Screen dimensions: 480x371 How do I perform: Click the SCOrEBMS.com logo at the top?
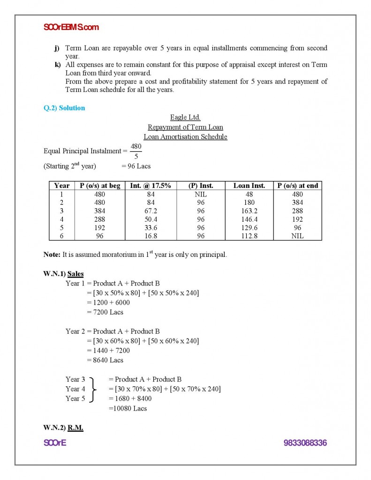click(71, 27)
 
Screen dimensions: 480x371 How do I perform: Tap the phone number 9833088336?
click(305, 443)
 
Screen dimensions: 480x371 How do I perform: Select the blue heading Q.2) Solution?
click(64, 108)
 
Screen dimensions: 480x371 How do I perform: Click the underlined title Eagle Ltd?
click(185, 118)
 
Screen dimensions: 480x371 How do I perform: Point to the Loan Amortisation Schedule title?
click(185, 137)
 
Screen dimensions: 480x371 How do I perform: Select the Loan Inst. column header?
click(249, 186)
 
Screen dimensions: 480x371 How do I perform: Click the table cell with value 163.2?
click(249, 211)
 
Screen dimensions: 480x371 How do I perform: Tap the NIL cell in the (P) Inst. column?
click(201, 194)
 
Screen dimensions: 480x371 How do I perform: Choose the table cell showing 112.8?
click(249, 236)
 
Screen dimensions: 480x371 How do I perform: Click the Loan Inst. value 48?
click(249, 194)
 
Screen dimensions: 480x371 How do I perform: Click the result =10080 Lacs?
click(128, 408)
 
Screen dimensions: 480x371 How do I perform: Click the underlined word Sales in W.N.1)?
click(76, 274)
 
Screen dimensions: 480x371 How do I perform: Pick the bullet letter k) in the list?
click(58, 64)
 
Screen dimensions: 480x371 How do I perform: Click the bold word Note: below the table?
click(52, 255)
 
